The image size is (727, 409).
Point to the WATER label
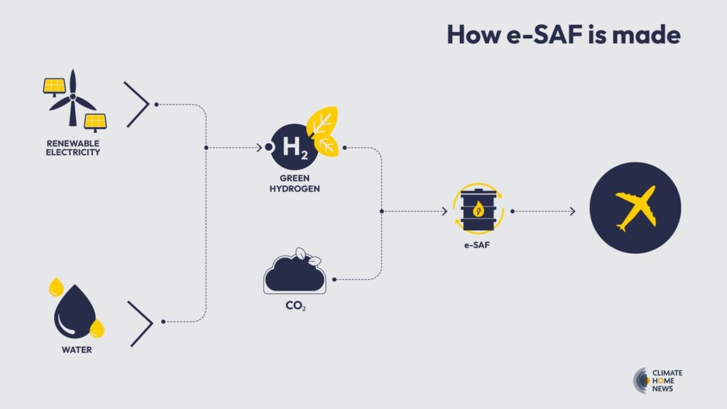76,350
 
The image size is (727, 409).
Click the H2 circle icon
293,148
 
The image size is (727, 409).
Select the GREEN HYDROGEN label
294,185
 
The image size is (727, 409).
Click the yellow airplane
635,208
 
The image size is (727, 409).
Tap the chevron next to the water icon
140,322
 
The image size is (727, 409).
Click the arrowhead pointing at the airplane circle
572,212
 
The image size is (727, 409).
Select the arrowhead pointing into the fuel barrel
444,212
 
